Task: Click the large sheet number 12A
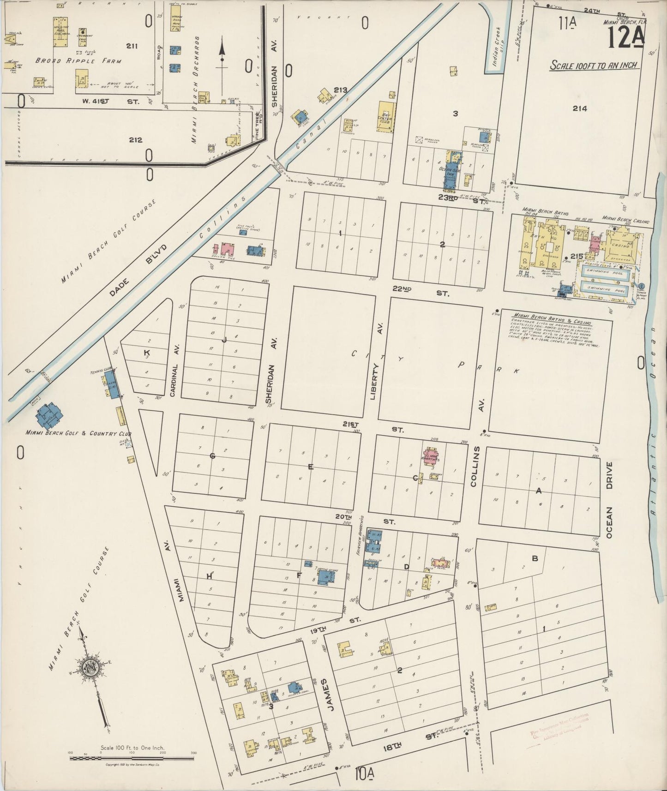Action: pos(625,38)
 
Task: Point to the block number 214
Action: pos(580,108)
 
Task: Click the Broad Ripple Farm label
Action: pos(78,61)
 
